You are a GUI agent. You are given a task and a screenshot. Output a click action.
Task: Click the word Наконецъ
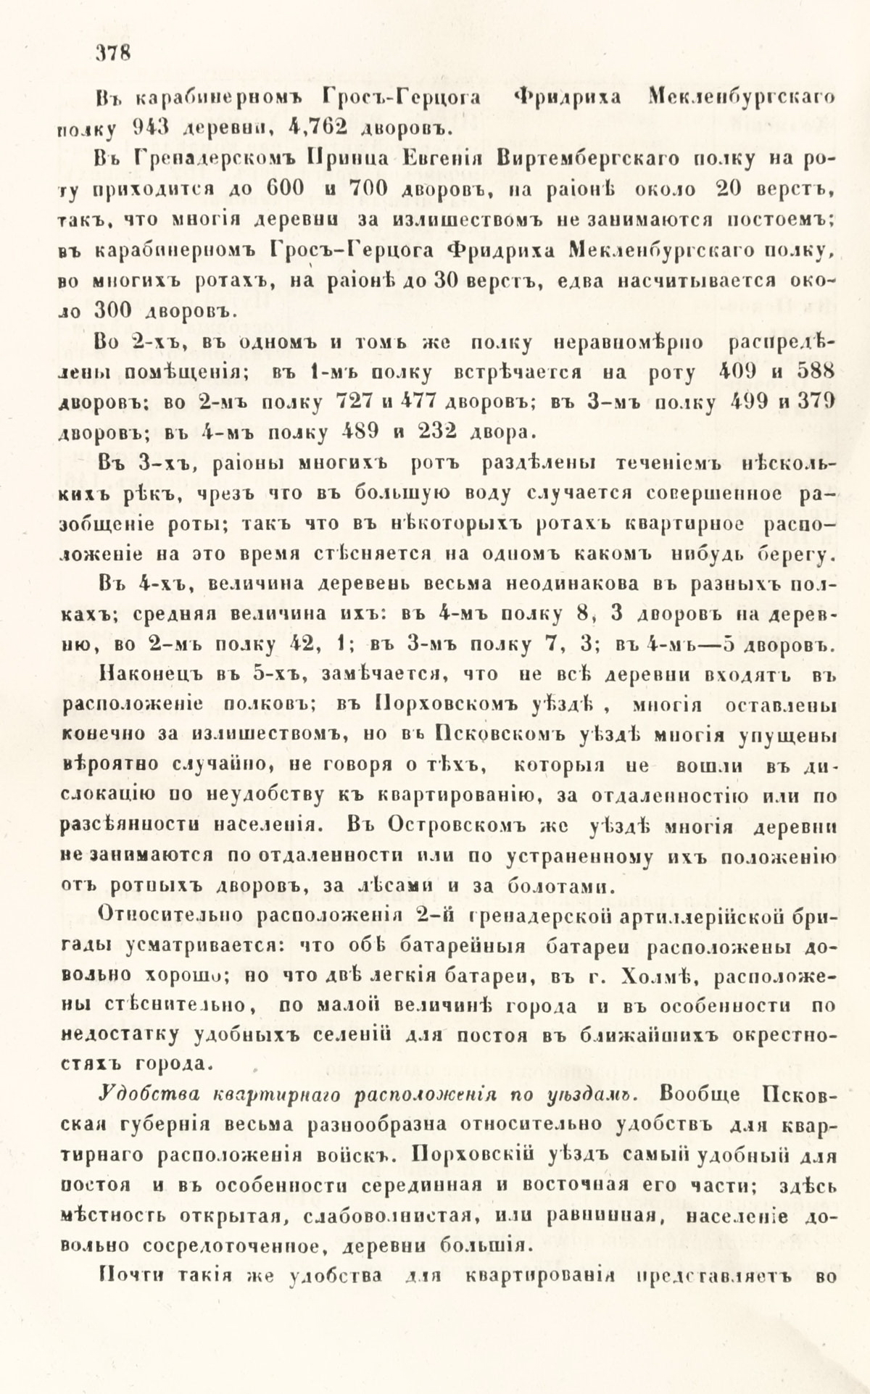[148, 673]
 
